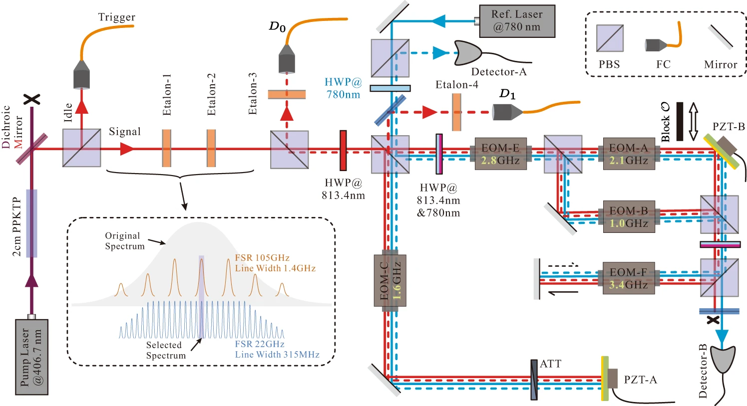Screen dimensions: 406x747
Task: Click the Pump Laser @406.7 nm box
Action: click(x=31, y=357)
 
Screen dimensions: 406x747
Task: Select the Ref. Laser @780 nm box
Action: click(x=517, y=21)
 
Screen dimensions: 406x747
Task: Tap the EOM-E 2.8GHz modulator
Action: click(x=500, y=154)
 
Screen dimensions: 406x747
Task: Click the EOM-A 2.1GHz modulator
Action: click(x=628, y=154)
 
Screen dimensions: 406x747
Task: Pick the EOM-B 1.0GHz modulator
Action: click(x=629, y=217)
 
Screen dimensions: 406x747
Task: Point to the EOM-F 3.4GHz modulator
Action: click(x=628, y=278)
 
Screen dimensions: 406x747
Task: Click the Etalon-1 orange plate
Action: click(x=166, y=149)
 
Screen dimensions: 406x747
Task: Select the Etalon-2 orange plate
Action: click(x=211, y=149)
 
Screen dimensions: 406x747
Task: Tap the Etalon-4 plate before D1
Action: click(x=456, y=112)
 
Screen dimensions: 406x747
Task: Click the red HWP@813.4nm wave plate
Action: click(x=343, y=151)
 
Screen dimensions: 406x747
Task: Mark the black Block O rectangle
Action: click(x=680, y=122)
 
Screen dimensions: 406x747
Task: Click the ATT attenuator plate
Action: click(x=534, y=379)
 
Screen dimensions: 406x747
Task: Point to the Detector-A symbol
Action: click(x=467, y=52)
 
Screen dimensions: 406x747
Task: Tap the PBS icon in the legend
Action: click(x=610, y=38)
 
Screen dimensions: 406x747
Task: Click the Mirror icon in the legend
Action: click(x=720, y=38)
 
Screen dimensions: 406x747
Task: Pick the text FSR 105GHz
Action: click(x=262, y=258)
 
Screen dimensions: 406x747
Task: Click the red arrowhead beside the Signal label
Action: click(x=127, y=149)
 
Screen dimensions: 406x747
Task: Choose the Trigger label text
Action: click(x=116, y=17)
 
